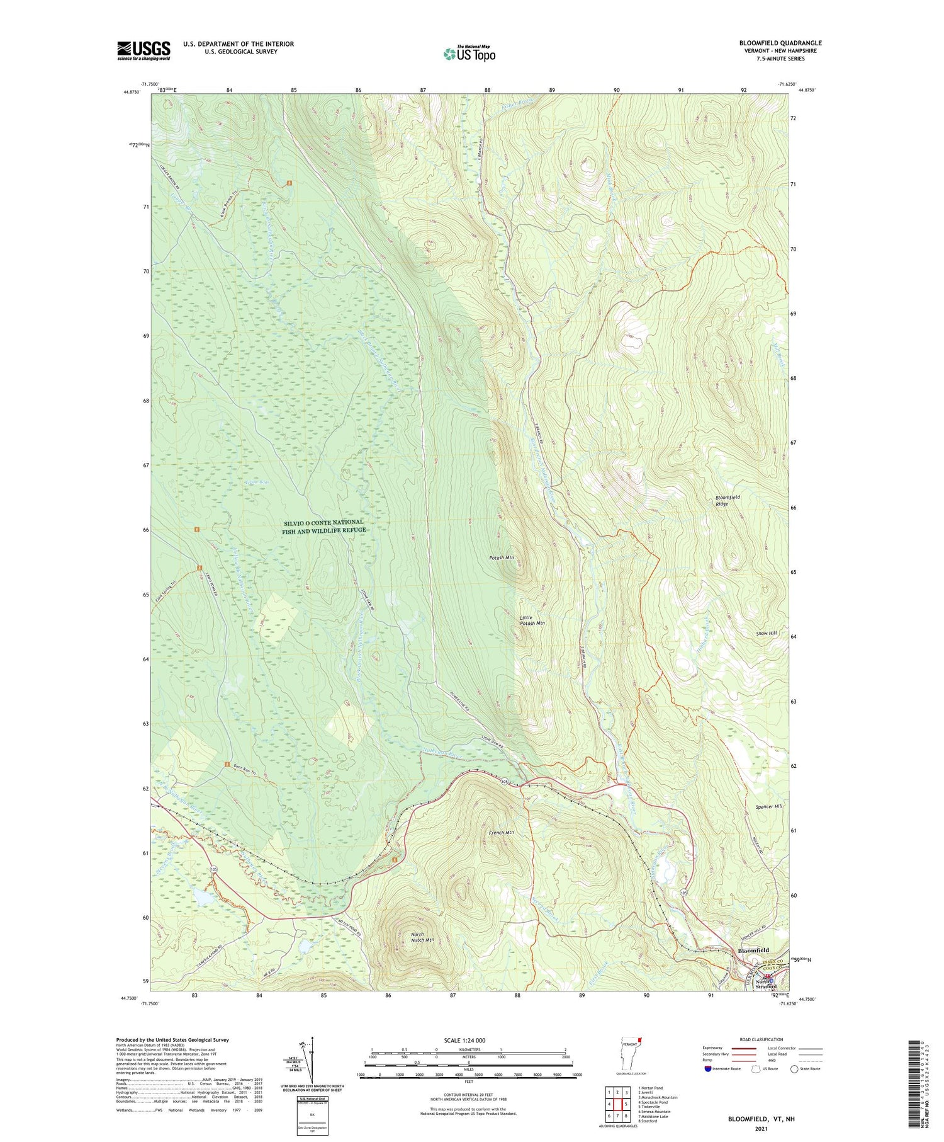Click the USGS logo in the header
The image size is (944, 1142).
(x=143, y=50)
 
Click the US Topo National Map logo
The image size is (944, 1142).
(x=469, y=54)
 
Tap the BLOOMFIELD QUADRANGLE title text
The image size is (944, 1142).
(x=780, y=43)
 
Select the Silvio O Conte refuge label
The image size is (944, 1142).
(x=323, y=526)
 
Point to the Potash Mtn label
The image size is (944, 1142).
(x=502, y=558)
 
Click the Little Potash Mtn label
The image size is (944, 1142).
(x=532, y=620)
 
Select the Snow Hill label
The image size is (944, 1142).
(x=767, y=633)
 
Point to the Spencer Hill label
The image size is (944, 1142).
(x=769, y=806)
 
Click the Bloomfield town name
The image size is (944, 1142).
(x=753, y=950)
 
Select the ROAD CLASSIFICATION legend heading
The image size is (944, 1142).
(x=761, y=1039)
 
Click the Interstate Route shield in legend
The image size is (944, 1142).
(x=708, y=1069)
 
